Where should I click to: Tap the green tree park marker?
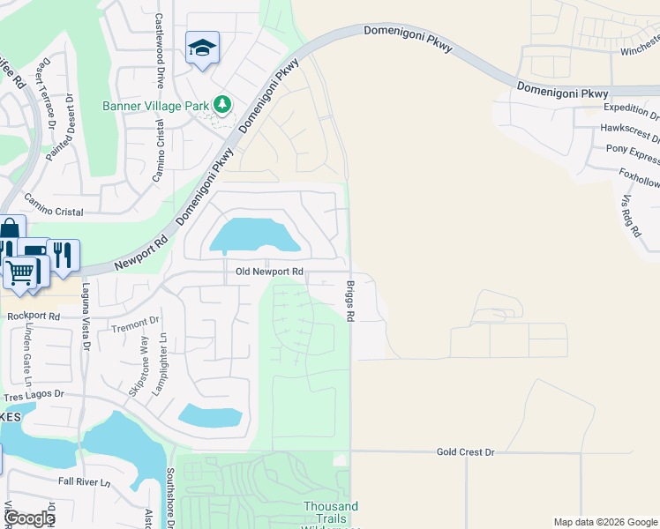[x=221, y=106]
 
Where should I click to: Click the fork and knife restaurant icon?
[x=62, y=255]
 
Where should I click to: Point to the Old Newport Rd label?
[x=269, y=272]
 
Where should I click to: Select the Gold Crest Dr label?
[x=466, y=451]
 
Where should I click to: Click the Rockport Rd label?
[x=34, y=316]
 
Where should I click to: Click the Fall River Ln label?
[x=84, y=481]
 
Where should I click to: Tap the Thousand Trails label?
[x=331, y=506]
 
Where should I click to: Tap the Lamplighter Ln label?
[x=162, y=363]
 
